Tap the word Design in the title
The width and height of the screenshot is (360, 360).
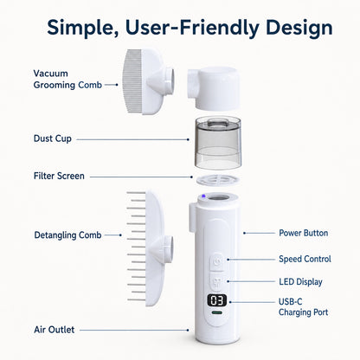click(x=299, y=28)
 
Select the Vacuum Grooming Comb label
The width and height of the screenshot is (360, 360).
click(x=67, y=79)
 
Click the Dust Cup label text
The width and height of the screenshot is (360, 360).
click(x=53, y=138)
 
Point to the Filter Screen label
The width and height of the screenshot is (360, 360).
click(x=59, y=176)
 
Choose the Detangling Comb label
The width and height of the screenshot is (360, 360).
click(x=67, y=235)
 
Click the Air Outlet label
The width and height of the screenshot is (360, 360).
click(x=55, y=330)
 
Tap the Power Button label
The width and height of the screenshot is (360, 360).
click(x=304, y=233)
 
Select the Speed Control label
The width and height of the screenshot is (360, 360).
click(x=305, y=259)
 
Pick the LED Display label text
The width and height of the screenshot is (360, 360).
click(x=300, y=282)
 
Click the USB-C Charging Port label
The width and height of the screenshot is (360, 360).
click(x=304, y=307)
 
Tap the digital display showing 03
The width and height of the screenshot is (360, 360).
click(x=216, y=301)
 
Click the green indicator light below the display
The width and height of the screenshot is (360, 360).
click(x=216, y=312)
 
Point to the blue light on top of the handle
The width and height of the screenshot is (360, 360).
click(x=203, y=196)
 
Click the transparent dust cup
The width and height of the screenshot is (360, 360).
click(x=218, y=143)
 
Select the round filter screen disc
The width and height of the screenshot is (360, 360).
click(x=218, y=181)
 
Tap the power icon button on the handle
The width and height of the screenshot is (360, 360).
click(x=217, y=261)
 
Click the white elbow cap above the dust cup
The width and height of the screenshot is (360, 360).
click(x=213, y=88)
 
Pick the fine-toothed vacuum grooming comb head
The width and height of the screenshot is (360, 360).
click(x=148, y=81)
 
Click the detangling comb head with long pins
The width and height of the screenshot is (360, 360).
click(x=150, y=247)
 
